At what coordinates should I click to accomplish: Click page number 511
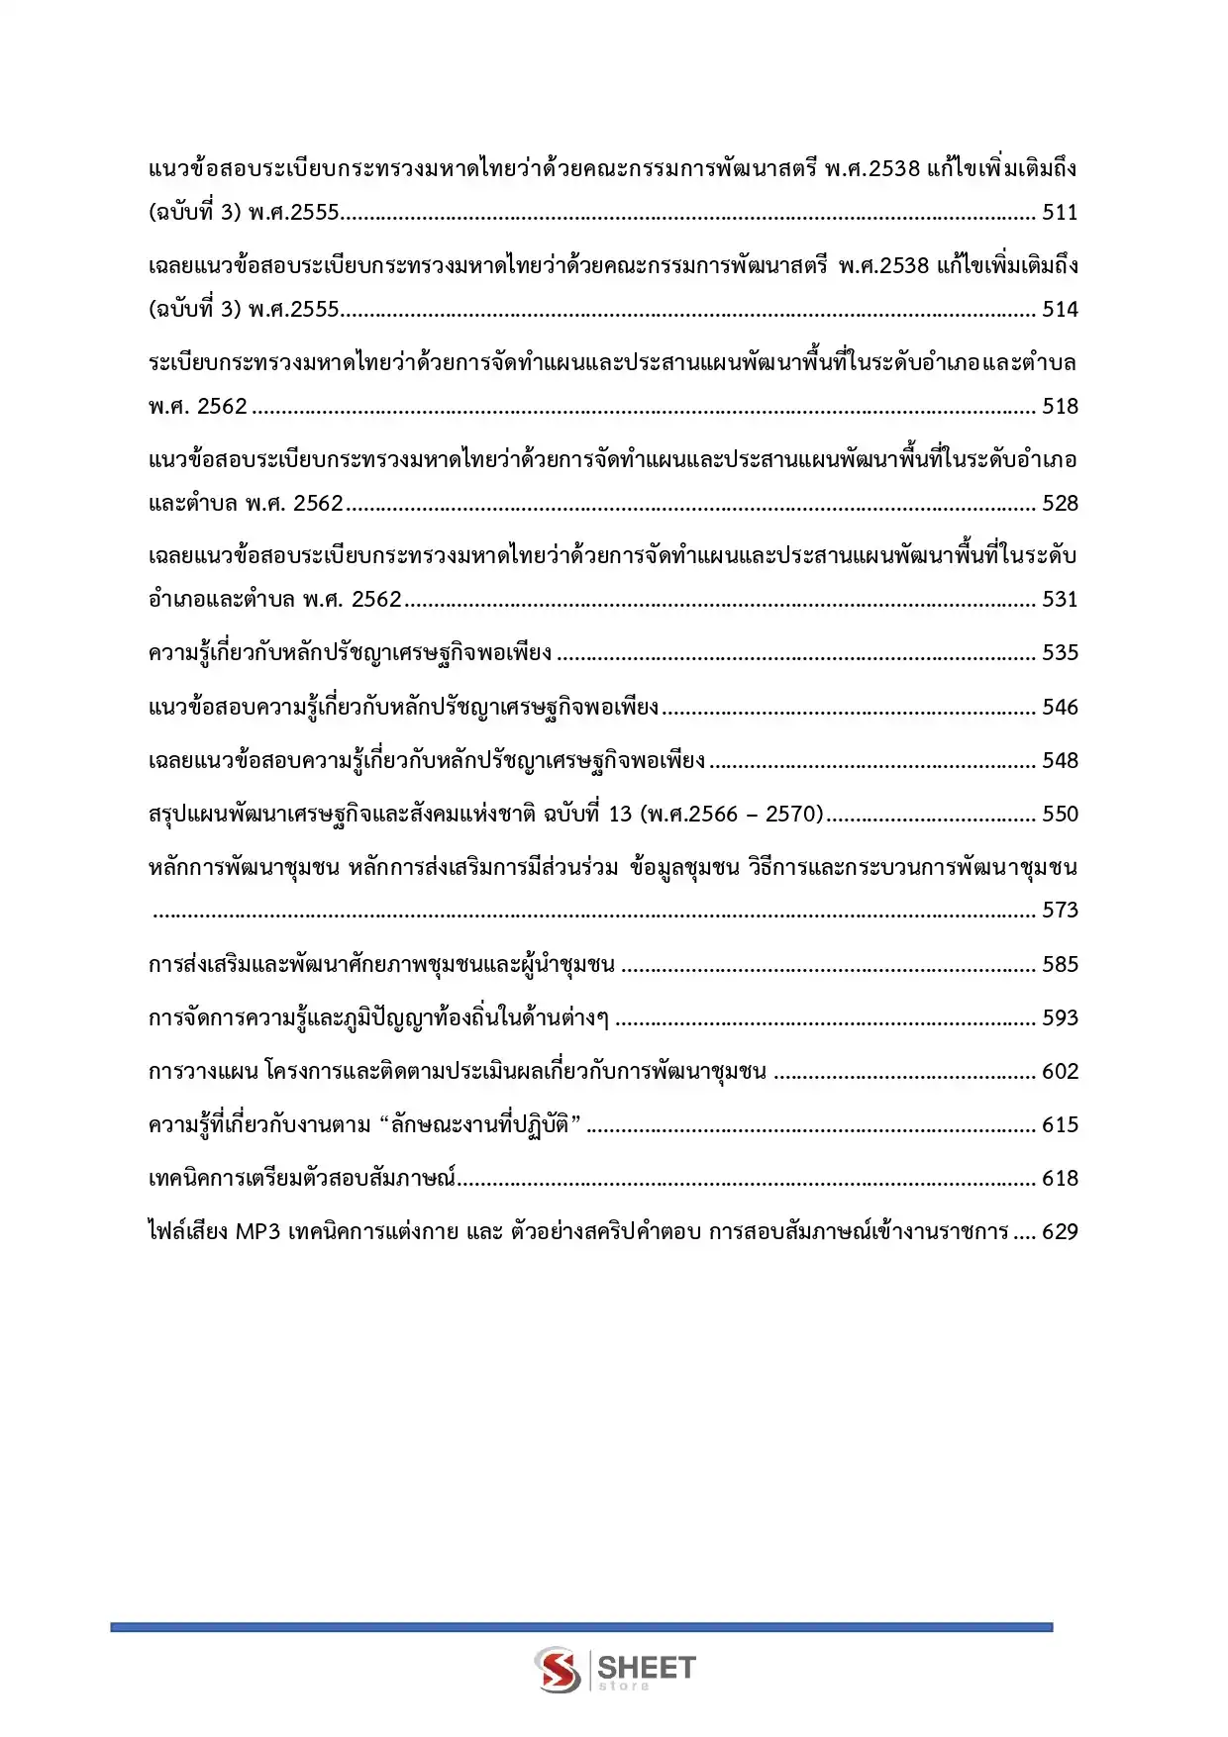[1060, 213]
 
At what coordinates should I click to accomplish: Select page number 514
[1060, 310]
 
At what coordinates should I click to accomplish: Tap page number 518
[1060, 407]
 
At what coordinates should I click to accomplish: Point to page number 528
[1060, 504]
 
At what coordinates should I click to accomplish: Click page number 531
[1060, 600]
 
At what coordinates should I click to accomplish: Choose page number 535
[1060, 653]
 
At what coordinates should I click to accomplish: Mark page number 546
[1060, 708]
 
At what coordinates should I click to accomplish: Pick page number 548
[1060, 761]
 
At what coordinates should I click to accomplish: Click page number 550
[1060, 815]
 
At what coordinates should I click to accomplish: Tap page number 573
[1060, 911]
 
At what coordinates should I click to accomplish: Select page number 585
[1060, 965]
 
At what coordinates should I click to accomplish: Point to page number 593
[1060, 1018]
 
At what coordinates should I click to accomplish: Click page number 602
[1060, 1072]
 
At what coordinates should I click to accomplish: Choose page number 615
[1060, 1125]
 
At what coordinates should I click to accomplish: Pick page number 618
[1060, 1179]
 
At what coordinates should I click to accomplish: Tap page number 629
[1060, 1232]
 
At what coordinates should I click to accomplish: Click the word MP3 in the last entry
[258, 1232]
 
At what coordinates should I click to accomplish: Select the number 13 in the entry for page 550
[620, 815]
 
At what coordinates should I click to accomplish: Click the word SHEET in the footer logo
[647, 1667]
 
